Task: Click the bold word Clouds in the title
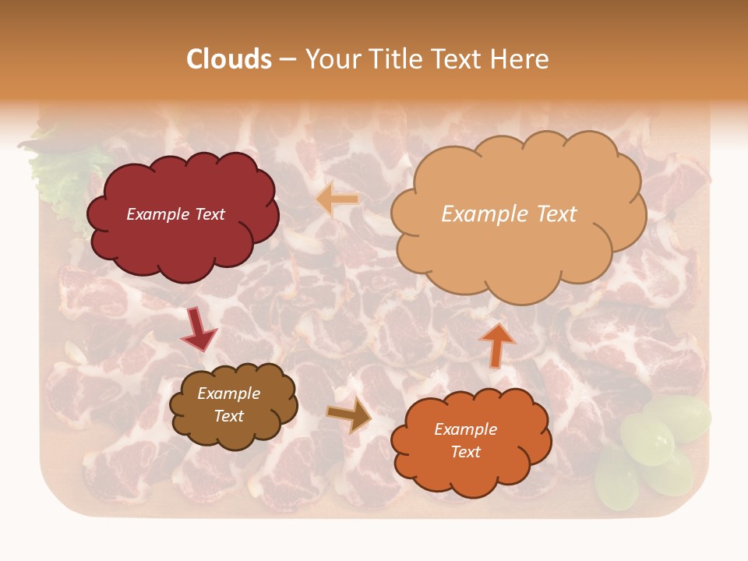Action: [x=229, y=59]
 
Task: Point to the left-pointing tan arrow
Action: [x=337, y=199]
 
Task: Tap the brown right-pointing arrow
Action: [x=349, y=415]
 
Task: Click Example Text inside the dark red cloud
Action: [x=175, y=214]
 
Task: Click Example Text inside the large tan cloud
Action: [x=509, y=214]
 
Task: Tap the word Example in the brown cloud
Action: [x=228, y=394]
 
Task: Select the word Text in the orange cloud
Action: [x=465, y=453]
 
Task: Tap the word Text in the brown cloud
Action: [x=228, y=416]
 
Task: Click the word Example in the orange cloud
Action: [x=465, y=429]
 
